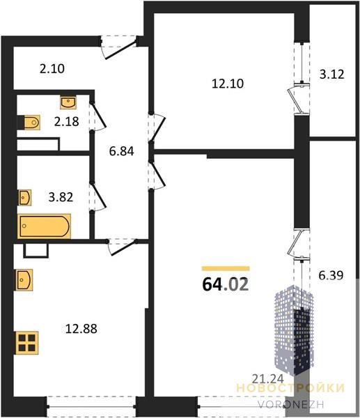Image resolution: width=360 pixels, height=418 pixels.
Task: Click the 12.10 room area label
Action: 228,84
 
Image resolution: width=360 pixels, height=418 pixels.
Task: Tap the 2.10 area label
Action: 52,69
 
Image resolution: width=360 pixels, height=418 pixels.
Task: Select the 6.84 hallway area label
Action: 122,151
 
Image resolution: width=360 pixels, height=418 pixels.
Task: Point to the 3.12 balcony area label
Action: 332,74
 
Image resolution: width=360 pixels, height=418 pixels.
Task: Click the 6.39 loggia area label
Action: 331,275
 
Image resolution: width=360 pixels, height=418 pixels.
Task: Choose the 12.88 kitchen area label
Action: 81,329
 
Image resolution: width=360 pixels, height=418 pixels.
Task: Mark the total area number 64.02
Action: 226,284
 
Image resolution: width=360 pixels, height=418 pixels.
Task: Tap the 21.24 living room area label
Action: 268,378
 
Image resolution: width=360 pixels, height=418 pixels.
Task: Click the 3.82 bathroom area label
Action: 61,198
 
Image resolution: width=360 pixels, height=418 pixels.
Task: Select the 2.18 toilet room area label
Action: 67,121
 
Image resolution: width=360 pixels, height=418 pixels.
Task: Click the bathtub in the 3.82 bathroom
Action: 45,226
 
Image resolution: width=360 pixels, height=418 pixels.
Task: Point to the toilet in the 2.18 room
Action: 31,123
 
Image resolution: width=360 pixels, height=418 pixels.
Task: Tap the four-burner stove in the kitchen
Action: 27,343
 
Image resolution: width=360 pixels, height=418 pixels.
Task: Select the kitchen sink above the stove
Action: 24,280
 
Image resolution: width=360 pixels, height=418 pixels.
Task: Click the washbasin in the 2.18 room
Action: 68,102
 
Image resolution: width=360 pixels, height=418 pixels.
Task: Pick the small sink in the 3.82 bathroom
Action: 25,198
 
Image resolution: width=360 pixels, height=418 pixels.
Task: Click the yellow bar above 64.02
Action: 226,268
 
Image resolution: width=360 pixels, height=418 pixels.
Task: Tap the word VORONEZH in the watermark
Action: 291,404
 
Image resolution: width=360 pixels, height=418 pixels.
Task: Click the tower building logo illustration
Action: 294,330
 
